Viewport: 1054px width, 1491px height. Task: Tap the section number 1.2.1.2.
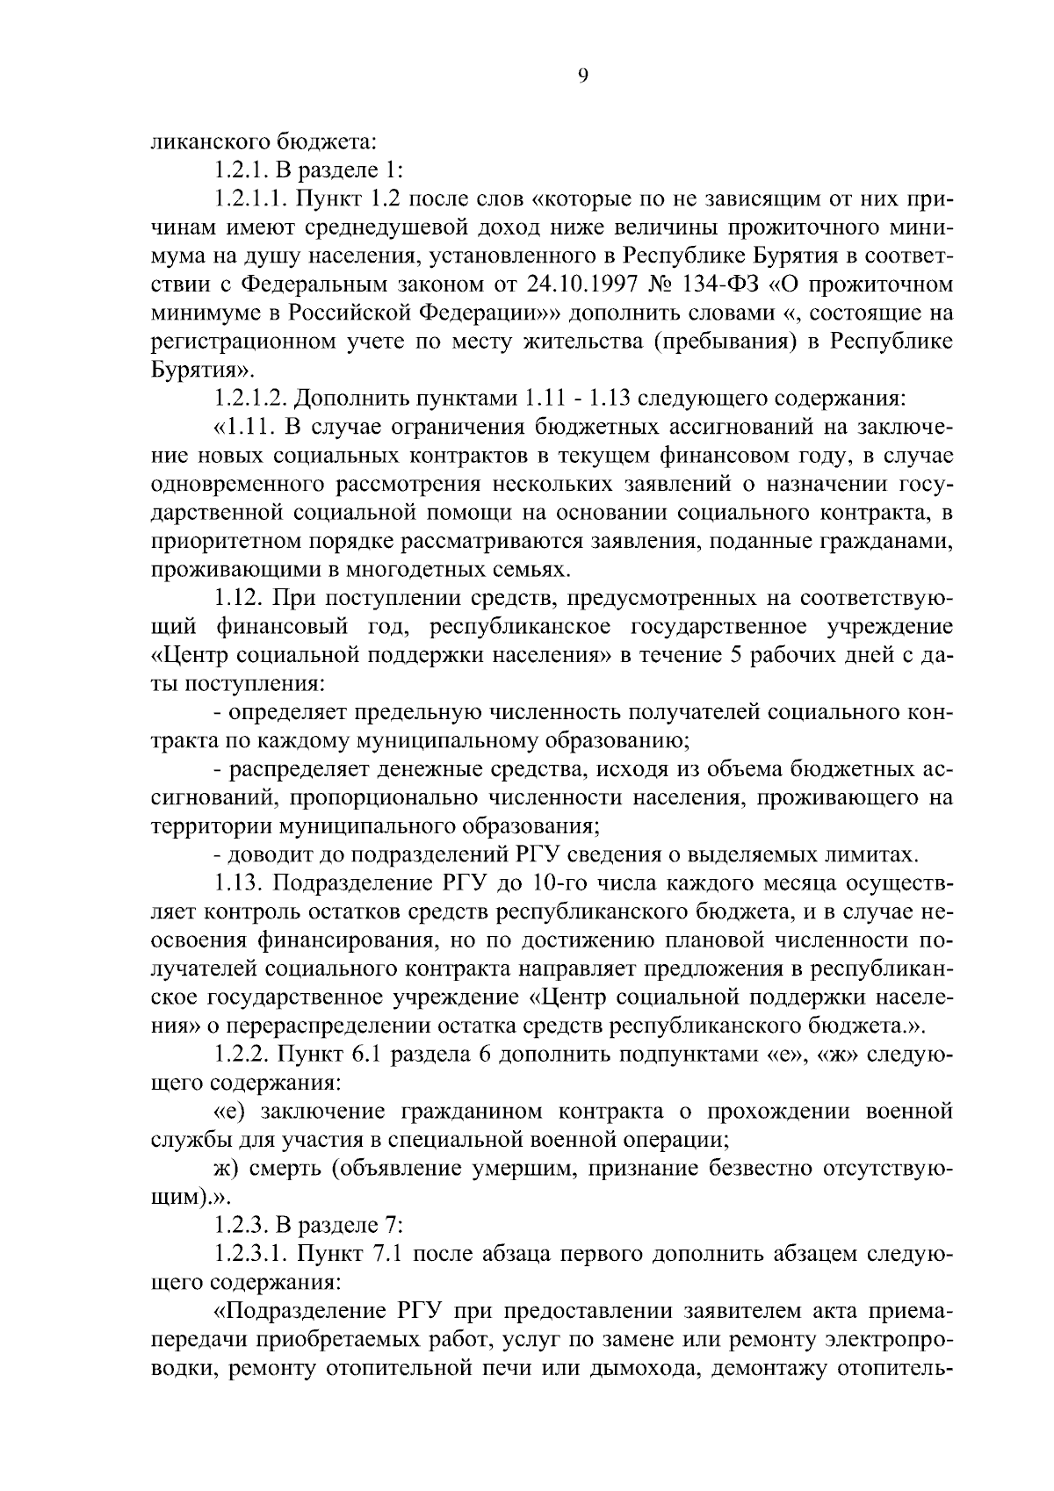[249, 399]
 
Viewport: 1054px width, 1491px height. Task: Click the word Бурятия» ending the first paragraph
[191, 370]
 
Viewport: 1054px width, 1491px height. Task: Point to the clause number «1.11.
[246, 428]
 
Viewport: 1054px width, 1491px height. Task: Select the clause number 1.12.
[239, 599]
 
